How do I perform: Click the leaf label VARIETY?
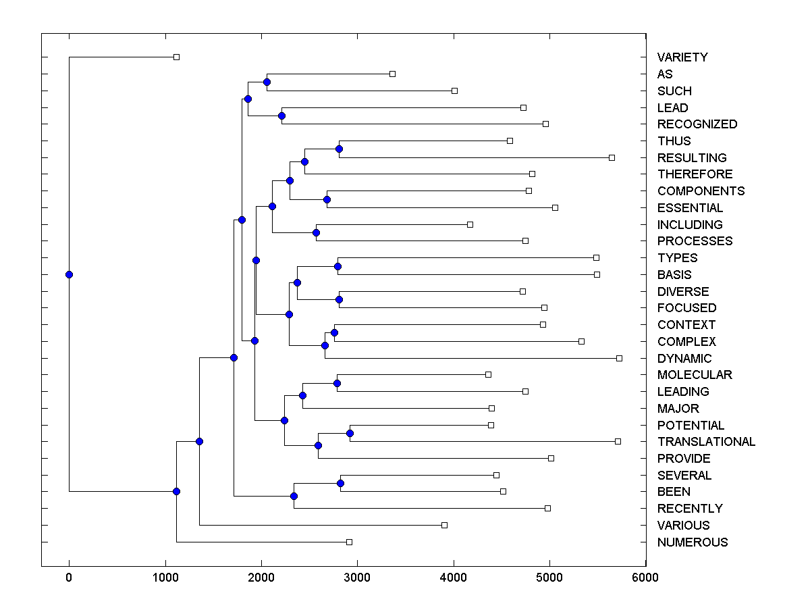click(682, 57)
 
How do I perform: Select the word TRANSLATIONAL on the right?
click(706, 442)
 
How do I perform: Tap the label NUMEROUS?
click(693, 542)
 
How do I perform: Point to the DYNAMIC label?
click(684, 358)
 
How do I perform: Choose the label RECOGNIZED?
click(697, 124)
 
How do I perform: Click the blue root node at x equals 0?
click(69, 274)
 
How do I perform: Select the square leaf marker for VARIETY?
click(176, 57)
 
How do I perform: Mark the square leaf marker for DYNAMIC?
click(619, 358)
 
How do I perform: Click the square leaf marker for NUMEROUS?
click(349, 542)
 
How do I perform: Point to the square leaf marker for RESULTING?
click(612, 157)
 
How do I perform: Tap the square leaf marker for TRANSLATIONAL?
click(618, 441)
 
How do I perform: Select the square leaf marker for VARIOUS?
click(444, 525)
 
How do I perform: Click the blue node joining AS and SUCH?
click(267, 82)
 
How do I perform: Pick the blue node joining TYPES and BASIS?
click(337, 266)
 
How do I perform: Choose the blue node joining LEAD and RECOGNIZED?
click(281, 116)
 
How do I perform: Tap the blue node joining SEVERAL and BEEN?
click(340, 483)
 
